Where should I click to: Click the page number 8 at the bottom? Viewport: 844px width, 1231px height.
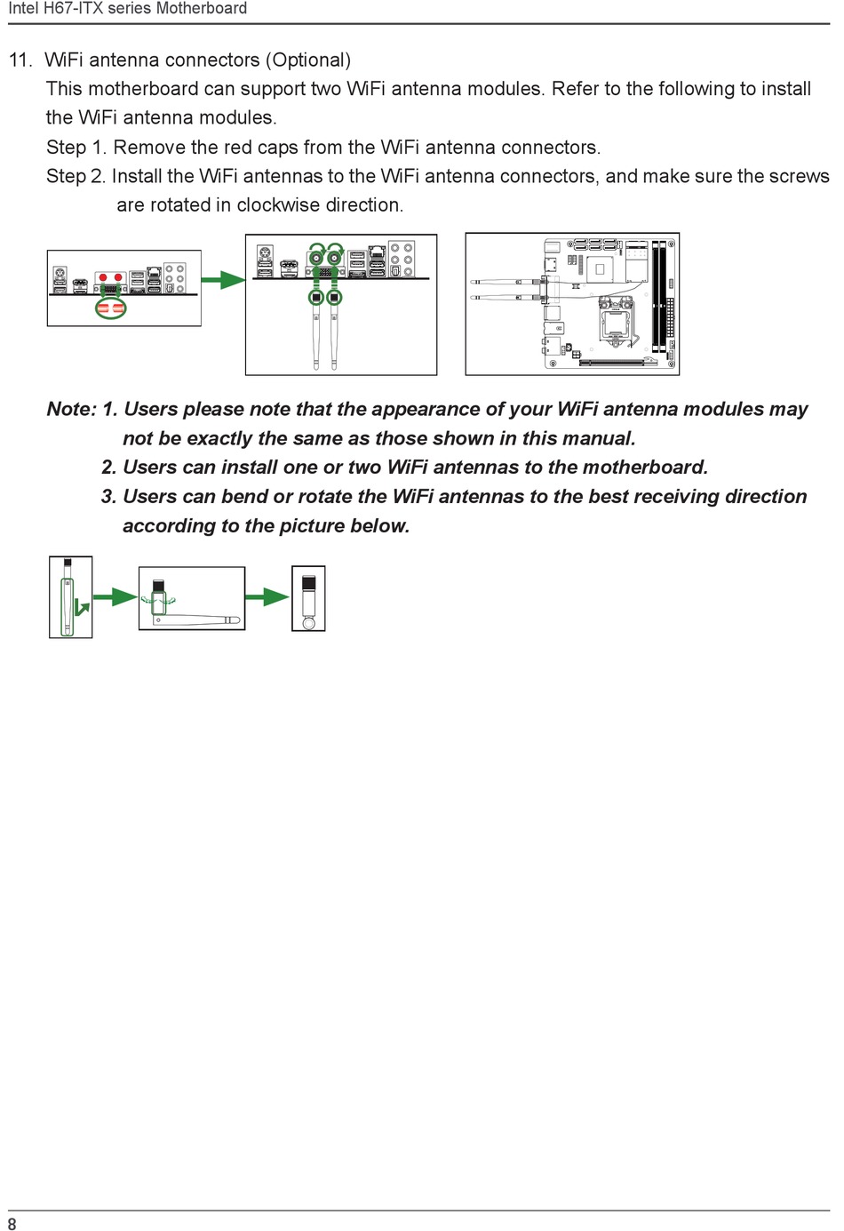pyautogui.click(x=12, y=1223)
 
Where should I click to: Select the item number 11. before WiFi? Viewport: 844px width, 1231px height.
pyautogui.click(x=20, y=60)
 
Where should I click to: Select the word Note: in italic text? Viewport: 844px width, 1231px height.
pyautogui.click(x=71, y=410)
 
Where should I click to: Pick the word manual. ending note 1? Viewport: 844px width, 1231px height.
pyautogui.click(x=598, y=439)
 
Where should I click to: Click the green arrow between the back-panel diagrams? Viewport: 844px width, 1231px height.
pyautogui.click(x=223, y=281)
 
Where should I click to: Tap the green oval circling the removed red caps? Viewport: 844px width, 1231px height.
pyautogui.click(x=111, y=308)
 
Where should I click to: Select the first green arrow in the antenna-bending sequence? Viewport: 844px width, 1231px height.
pyautogui.click(x=115, y=597)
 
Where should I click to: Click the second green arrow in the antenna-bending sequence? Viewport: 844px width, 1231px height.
pyautogui.click(x=267, y=597)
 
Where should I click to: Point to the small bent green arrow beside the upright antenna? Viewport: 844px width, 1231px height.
pyautogui.click(x=82, y=608)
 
